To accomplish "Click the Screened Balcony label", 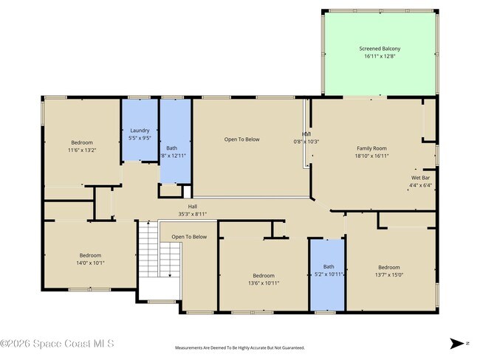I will [380, 49].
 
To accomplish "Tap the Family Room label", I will [371, 148].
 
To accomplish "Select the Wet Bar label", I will [420, 178].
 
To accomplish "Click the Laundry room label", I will [140, 131].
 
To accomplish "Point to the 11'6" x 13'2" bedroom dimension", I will [82, 150].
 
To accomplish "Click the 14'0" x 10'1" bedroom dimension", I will [91, 262].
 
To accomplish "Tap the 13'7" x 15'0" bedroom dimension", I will [389, 274].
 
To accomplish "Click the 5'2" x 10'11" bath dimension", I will [328, 274].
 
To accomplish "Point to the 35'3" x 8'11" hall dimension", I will [192, 214].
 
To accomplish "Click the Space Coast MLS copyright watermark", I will [57, 343].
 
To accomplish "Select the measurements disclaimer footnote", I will [239, 347].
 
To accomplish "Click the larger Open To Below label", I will [242, 139].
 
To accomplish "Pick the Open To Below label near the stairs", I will [189, 237].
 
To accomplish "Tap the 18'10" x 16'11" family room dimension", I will [371, 156].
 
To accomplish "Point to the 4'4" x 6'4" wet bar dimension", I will [420, 185].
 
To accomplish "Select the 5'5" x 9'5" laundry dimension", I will [140, 138].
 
